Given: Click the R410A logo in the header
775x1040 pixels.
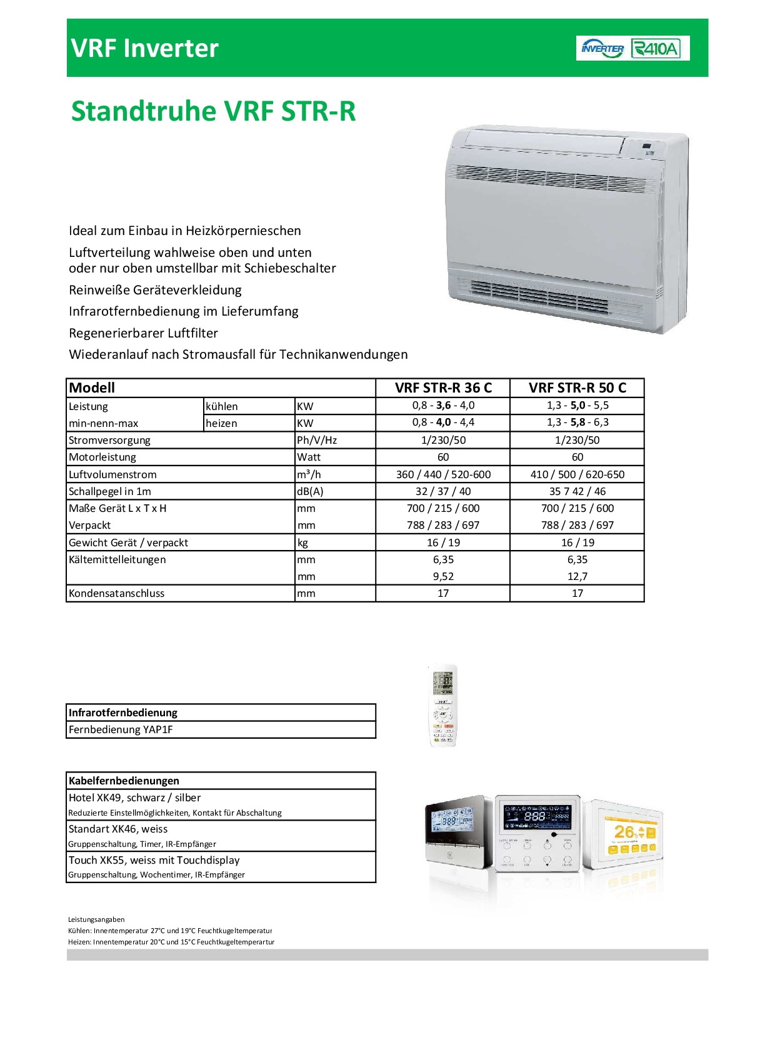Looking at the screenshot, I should pos(656,48).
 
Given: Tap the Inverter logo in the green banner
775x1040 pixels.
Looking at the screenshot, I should pos(602,48).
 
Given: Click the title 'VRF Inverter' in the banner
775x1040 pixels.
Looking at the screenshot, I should pos(145,48).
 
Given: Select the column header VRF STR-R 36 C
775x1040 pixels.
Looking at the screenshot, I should pos(443,387).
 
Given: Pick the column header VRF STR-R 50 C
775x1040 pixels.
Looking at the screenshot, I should pos(577,387).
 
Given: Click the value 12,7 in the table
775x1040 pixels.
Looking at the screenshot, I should pos(577,576).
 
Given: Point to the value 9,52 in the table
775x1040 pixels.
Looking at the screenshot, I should pos(443,576).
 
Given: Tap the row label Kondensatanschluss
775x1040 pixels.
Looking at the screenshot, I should pos(117,593).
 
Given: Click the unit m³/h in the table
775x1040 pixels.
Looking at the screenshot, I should pos(309,474).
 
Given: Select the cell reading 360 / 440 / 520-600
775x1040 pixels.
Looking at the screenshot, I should pos(443,474).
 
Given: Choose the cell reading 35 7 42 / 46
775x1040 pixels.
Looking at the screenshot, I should pos(577,491).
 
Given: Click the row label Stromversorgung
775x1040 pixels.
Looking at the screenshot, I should pos(110,440).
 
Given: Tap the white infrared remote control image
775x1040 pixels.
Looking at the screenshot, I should pos(443,706).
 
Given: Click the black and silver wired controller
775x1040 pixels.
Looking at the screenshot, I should pos(458,831).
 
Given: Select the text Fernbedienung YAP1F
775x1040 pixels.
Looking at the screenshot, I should pos(121,729).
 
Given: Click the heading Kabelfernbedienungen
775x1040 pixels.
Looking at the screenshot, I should pos(124,781).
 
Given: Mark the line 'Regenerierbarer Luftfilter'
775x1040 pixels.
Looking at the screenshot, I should pos(144,333).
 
